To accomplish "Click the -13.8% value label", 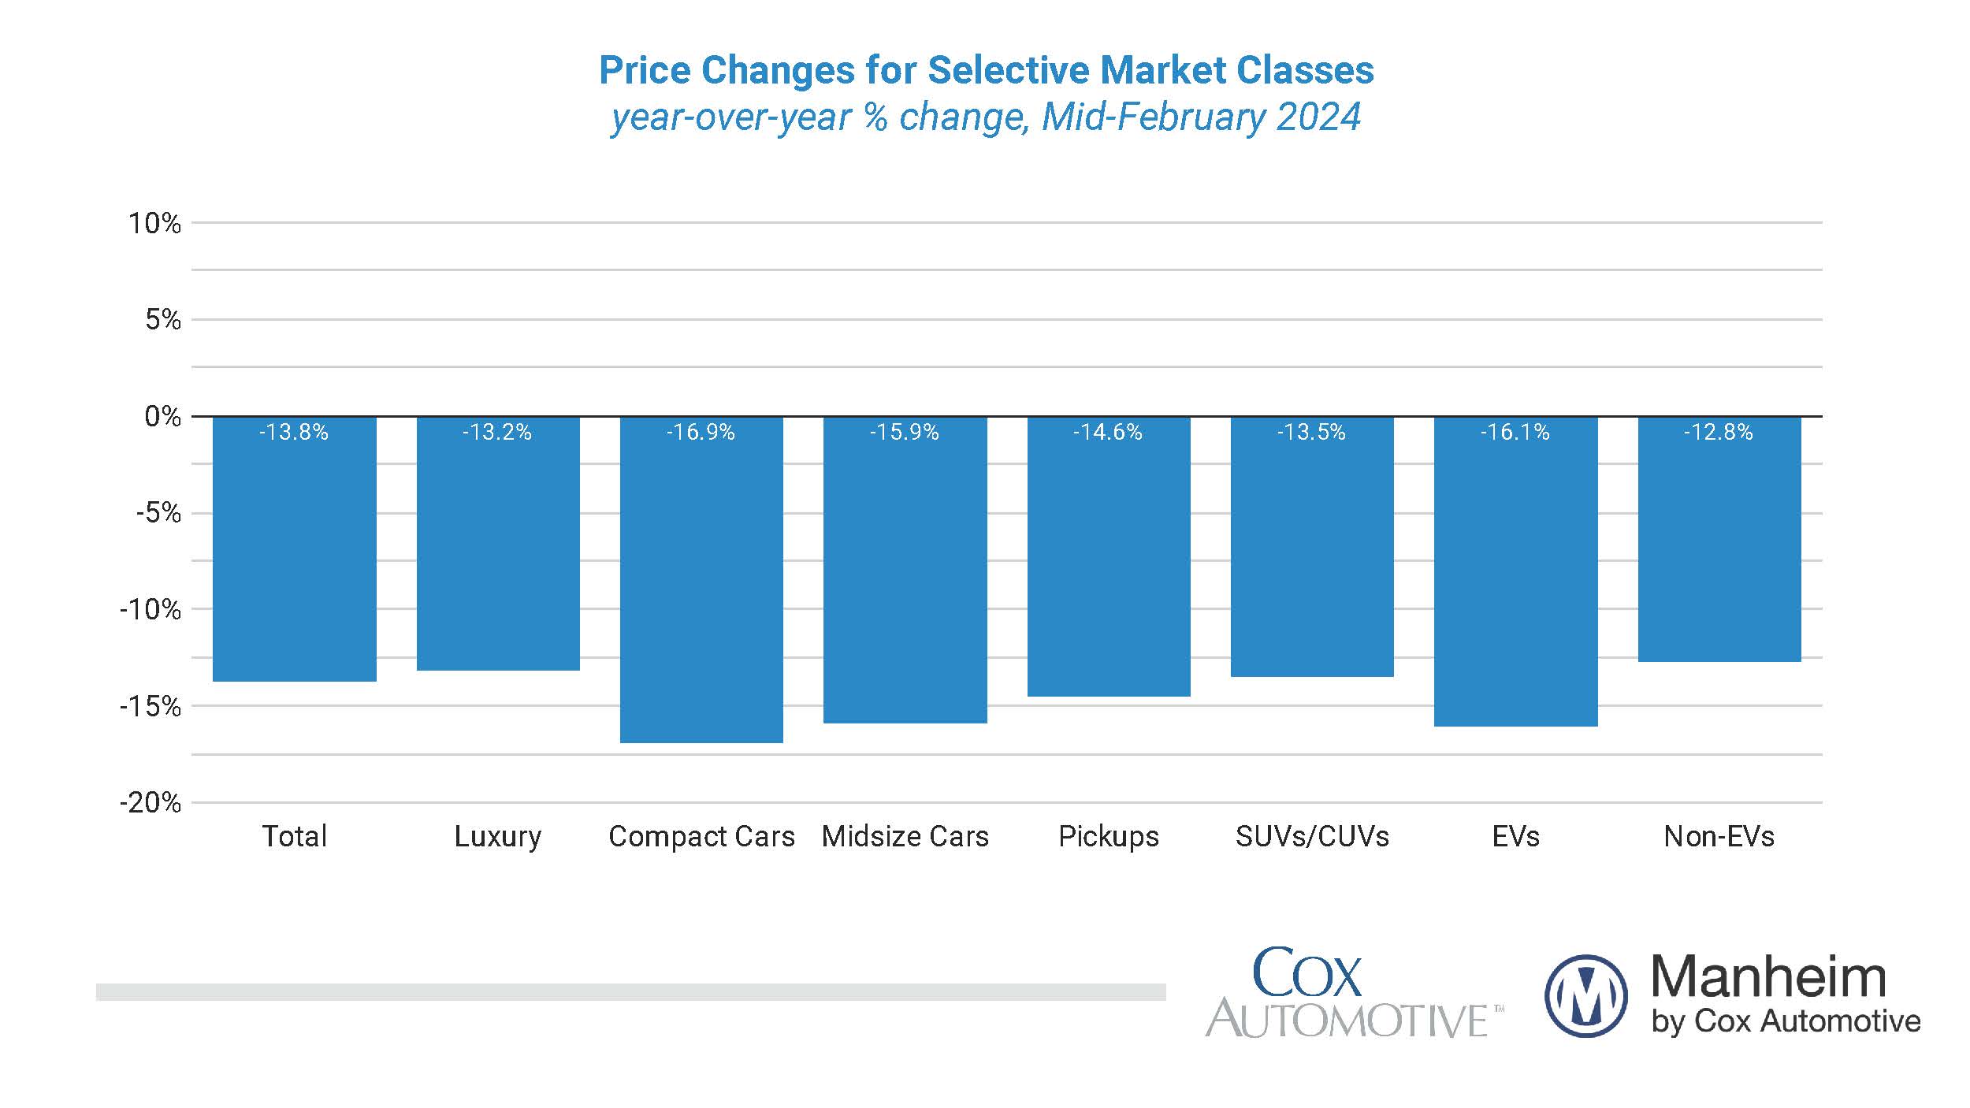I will coord(294,433).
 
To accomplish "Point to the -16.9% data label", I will coord(701,433).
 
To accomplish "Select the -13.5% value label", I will coord(1311,433).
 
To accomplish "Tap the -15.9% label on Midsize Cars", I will coord(905,433).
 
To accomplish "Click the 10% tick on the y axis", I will coord(154,224).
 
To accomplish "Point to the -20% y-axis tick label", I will coord(150,803).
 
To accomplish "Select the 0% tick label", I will coord(162,417).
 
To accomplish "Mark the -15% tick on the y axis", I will coord(150,707).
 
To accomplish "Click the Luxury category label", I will coord(498,836).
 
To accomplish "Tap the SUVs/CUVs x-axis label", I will coord(1312,836).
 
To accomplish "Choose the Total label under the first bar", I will coord(294,836).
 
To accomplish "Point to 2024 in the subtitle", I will coord(1318,117).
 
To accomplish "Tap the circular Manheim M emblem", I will coord(1585,995).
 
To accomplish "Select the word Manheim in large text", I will coord(1768,977).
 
